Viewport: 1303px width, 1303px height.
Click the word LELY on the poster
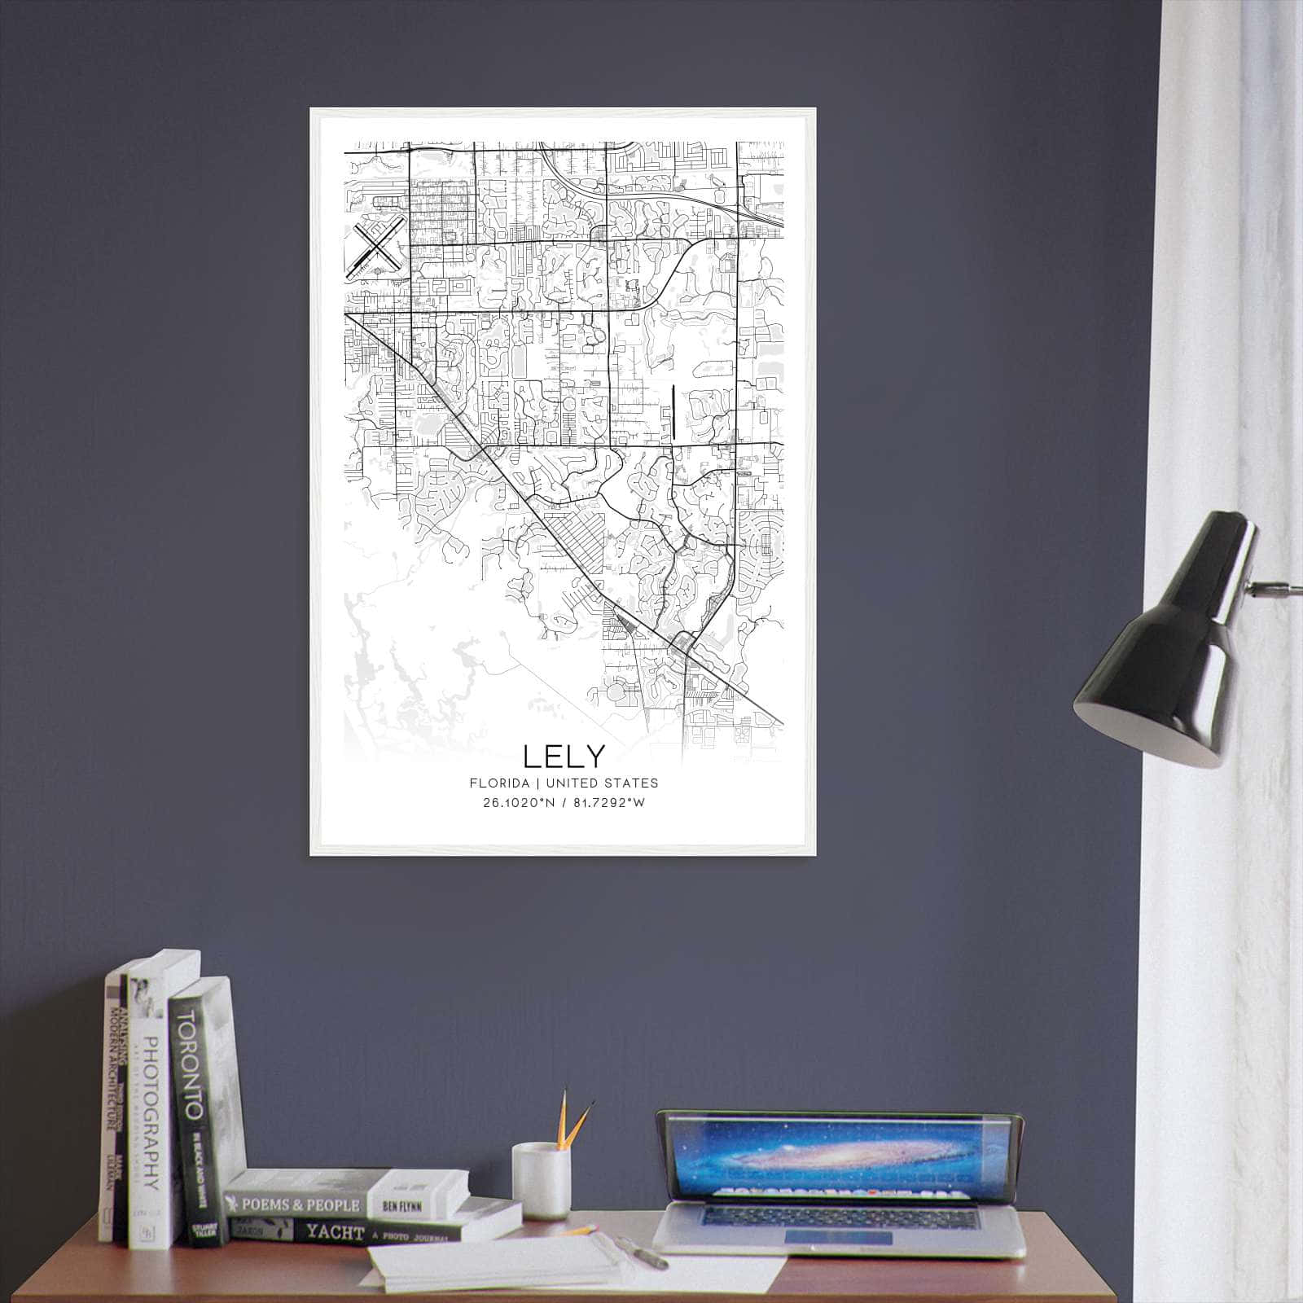click(564, 757)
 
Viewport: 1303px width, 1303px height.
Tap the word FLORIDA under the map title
click(498, 783)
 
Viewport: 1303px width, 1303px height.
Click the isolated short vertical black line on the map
click(674, 410)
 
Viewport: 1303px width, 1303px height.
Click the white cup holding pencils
click(540, 1179)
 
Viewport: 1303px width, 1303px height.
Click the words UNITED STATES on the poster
click(602, 783)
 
